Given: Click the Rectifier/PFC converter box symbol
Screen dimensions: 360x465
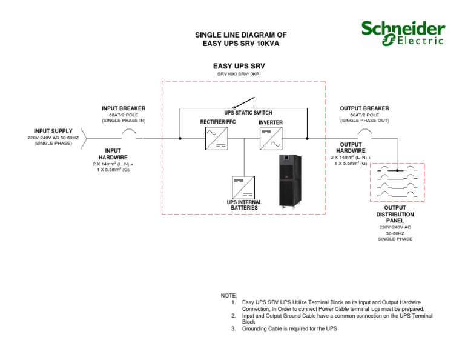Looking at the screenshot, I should (x=215, y=138).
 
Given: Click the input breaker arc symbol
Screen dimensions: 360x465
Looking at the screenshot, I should (x=129, y=133).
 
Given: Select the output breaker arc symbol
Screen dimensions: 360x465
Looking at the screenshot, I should (x=364, y=133).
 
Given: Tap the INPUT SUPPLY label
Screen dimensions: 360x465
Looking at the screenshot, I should (x=53, y=131).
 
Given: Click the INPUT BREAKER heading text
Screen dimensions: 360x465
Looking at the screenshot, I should (x=124, y=108).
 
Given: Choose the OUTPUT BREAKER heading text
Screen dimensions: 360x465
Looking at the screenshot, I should (x=364, y=108).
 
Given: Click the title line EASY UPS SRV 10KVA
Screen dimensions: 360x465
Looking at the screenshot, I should (x=240, y=44).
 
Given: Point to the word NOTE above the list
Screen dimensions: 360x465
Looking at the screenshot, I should (x=229, y=295).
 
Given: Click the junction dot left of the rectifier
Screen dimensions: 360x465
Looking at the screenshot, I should (x=180, y=138).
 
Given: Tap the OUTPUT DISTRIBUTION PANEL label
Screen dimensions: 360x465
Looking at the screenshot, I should (x=395, y=215).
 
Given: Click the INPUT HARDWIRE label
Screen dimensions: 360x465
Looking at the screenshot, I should (x=113, y=153).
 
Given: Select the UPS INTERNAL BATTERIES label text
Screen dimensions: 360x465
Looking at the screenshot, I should (x=243, y=205).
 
